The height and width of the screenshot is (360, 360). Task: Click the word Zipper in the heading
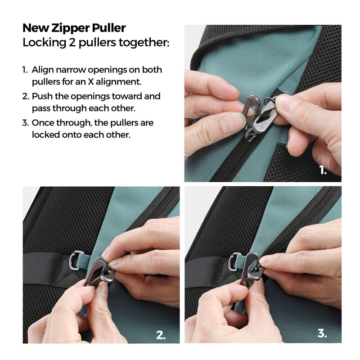(x=71, y=28)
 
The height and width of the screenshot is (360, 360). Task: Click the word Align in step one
(x=43, y=70)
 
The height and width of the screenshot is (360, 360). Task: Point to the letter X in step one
(x=91, y=81)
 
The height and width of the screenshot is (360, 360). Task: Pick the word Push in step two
(x=42, y=96)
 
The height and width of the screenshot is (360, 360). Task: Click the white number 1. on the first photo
(x=323, y=170)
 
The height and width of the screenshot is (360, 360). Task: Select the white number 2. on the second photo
(x=161, y=335)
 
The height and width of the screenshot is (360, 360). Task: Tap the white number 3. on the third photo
(x=322, y=333)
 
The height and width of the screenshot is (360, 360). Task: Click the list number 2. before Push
(x=26, y=96)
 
